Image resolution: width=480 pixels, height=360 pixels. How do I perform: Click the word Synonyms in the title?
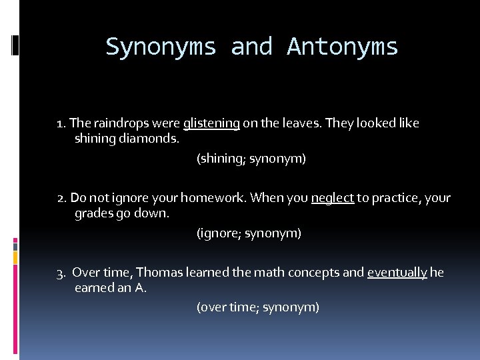(161, 47)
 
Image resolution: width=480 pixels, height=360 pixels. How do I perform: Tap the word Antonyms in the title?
(343, 47)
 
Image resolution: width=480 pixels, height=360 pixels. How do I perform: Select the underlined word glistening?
(211, 123)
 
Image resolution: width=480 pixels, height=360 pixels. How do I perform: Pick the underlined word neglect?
(332, 198)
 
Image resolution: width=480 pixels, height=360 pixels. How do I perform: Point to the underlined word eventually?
(397, 273)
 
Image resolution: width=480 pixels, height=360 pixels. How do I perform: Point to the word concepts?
(315, 273)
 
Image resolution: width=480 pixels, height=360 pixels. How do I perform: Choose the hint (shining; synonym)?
(251, 159)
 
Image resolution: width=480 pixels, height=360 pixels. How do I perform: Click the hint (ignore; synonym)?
(249, 233)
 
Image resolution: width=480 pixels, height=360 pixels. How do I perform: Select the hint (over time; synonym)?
(257, 307)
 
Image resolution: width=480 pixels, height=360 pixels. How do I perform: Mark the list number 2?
(61, 198)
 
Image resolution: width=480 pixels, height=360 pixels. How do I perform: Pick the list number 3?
(61, 273)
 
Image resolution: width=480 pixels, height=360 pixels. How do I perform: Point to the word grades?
(93, 215)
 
